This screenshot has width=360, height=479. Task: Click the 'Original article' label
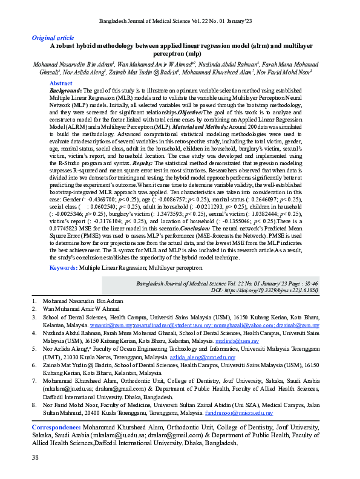[x=52, y=37]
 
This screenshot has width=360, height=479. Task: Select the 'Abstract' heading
[x=61, y=83]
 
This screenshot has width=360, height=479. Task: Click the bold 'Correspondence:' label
[x=61, y=428]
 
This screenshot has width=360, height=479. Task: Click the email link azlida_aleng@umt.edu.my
[x=208, y=357]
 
